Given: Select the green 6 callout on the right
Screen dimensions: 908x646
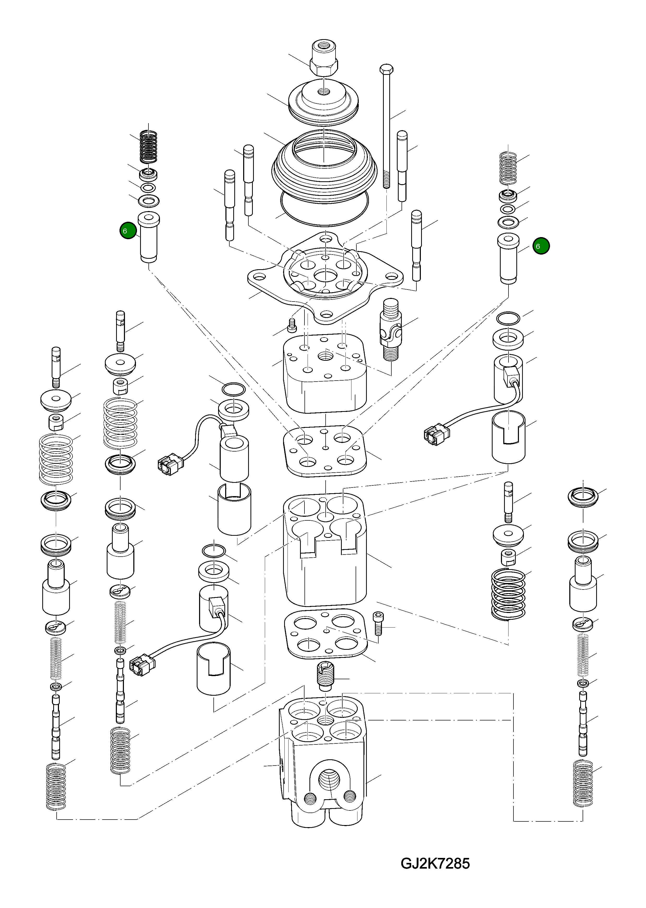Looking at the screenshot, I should pos(541,246).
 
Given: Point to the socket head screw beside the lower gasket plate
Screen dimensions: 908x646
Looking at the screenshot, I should pos(378,628).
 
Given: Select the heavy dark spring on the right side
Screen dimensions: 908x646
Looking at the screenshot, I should pos(508,594).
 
